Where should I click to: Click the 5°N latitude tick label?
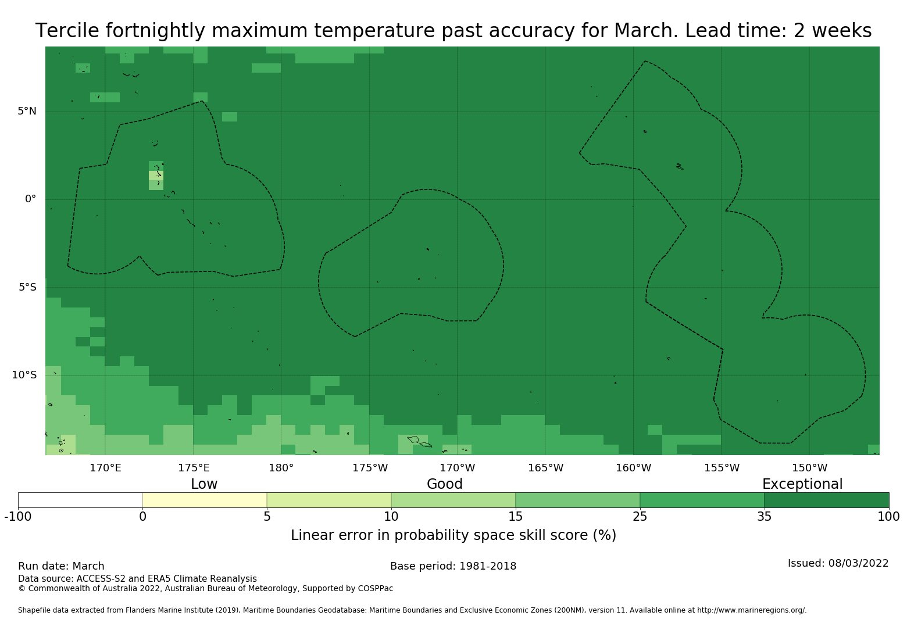[x=27, y=111]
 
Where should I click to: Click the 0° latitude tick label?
[x=30, y=199]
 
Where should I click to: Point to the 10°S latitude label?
[x=24, y=375]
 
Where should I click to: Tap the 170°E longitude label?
[x=105, y=468]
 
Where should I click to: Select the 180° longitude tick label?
[x=281, y=468]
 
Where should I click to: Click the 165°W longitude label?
[x=545, y=468]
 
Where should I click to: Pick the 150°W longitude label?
[x=809, y=468]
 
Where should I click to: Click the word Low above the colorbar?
[x=204, y=484]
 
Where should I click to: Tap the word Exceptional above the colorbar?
[x=802, y=484]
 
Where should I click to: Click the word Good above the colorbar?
[x=445, y=484]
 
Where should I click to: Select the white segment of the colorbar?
[x=80, y=500]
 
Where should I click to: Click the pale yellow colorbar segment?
[x=205, y=500]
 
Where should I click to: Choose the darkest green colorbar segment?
[x=826, y=500]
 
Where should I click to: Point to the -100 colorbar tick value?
[x=18, y=517]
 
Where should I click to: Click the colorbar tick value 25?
[x=640, y=517]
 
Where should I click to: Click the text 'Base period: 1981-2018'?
[x=453, y=566]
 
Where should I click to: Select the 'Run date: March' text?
[x=61, y=566]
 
